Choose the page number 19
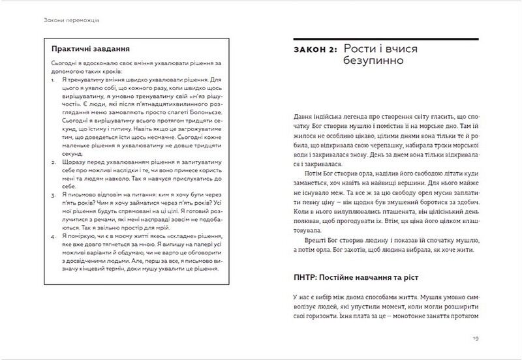(x=475, y=338)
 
